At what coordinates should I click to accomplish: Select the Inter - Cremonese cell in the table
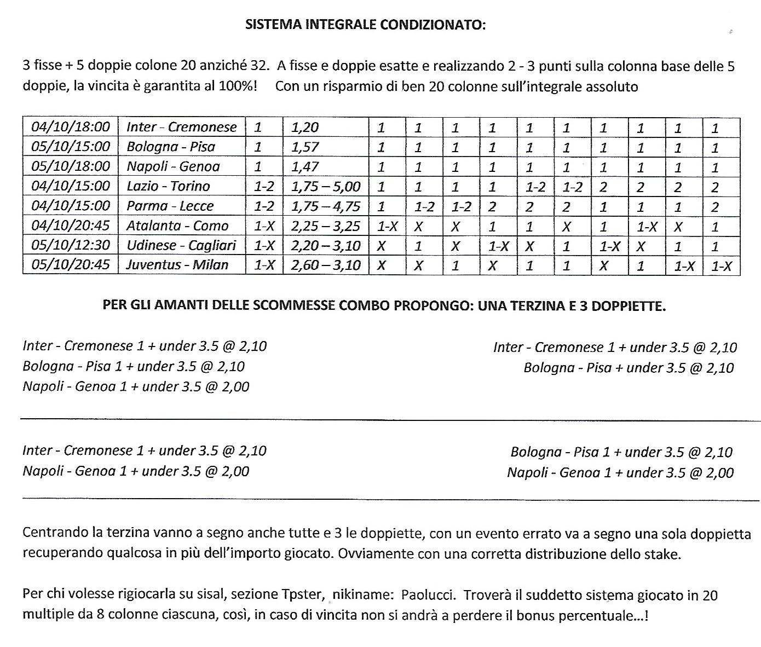pyautogui.click(x=181, y=127)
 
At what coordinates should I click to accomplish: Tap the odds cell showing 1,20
pyautogui.click(x=305, y=127)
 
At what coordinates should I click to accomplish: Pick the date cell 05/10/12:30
pyautogui.click(x=71, y=245)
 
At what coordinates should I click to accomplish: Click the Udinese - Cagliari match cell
pyautogui.click(x=181, y=245)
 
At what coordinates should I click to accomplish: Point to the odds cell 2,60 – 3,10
pyautogui.click(x=326, y=265)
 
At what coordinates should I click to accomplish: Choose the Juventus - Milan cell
pyautogui.click(x=177, y=265)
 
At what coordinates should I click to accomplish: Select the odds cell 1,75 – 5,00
pyautogui.click(x=326, y=186)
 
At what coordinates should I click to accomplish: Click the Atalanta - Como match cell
pyautogui.click(x=177, y=226)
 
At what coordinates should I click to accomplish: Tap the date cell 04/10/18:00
pyautogui.click(x=71, y=127)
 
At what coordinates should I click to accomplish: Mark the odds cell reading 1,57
pyautogui.click(x=305, y=147)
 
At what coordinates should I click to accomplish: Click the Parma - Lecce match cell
pyautogui.click(x=170, y=206)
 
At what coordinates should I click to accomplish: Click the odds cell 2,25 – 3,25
pyautogui.click(x=326, y=226)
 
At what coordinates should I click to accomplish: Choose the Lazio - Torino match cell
pyautogui.click(x=168, y=186)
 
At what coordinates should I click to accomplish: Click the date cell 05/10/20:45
pyautogui.click(x=71, y=265)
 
